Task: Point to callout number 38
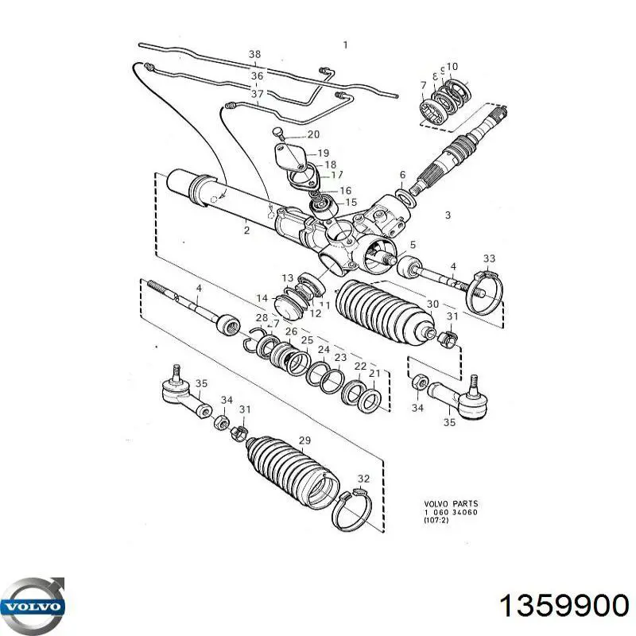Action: (254, 55)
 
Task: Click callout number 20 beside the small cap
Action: (312, 134)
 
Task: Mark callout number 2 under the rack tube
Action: (246, 231)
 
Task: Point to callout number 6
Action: (402, 175)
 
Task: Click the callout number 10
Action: (452, 67)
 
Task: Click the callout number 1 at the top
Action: (345, 45)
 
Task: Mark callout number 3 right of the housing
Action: (448, 215)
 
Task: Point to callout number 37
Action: (257, 94)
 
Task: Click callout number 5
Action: (413, 245)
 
